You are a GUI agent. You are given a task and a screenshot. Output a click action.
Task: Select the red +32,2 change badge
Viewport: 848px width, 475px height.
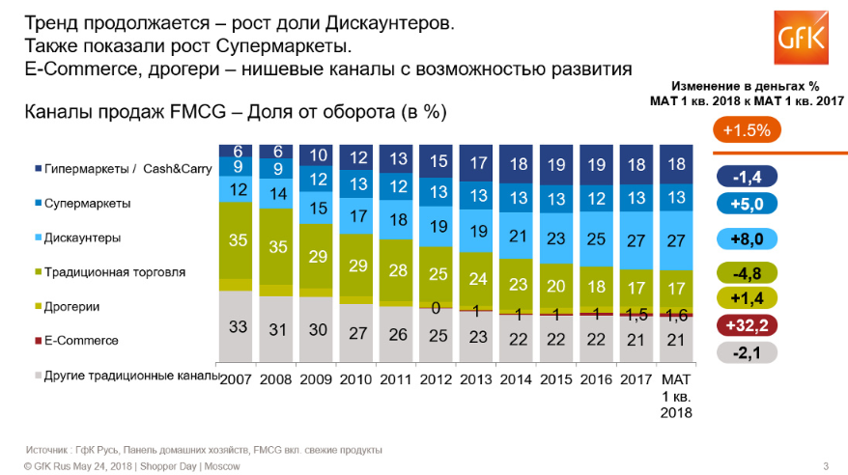click(x=749, y=326)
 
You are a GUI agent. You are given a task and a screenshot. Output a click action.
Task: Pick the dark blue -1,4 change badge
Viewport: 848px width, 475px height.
click(x=749, y=177)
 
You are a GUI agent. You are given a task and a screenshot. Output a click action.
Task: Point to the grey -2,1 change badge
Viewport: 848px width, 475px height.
click(x=749, y=354)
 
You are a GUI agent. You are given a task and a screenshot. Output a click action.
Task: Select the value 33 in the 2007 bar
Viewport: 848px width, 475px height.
click(x=238, y=327)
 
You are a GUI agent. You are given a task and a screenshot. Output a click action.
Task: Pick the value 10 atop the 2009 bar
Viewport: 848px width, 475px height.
click(x=316, y=156)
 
